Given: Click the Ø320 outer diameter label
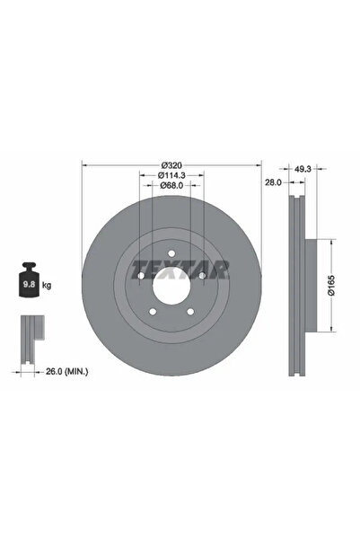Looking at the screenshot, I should [x=171, y=164].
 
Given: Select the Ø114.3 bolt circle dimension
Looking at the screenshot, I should [x=171, y=175].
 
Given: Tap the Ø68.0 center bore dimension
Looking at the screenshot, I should [x=171, y=186].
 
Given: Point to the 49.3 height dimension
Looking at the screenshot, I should [x=303, y=167].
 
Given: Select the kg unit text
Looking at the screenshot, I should [x=47, y=285].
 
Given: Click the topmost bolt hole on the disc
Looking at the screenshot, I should [x=171, y=254].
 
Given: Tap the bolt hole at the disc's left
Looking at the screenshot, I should [x=140, y=277].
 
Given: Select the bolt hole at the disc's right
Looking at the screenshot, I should [x=203, y=277].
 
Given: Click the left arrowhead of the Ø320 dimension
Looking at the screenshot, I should [x=84, y=164].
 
